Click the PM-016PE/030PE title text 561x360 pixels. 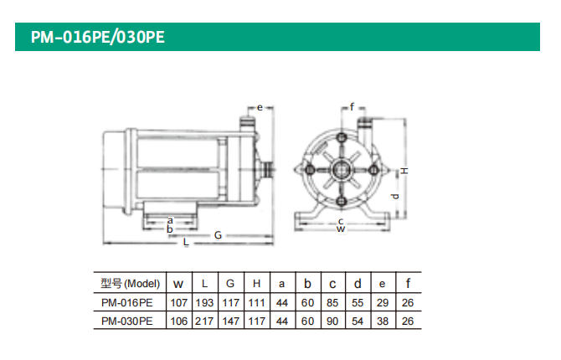(98, 37)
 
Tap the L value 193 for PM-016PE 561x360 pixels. (204, 303)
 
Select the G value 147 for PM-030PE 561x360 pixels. (231, 321)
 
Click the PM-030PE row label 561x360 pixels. (127, 321)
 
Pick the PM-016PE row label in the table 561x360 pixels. (127, 303)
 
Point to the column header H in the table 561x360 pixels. (256, 284)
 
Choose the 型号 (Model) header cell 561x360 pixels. (131, 284)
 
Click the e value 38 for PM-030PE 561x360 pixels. (383, 321)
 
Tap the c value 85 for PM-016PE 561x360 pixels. (332, 303)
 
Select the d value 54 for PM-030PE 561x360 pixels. (358, 321)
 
